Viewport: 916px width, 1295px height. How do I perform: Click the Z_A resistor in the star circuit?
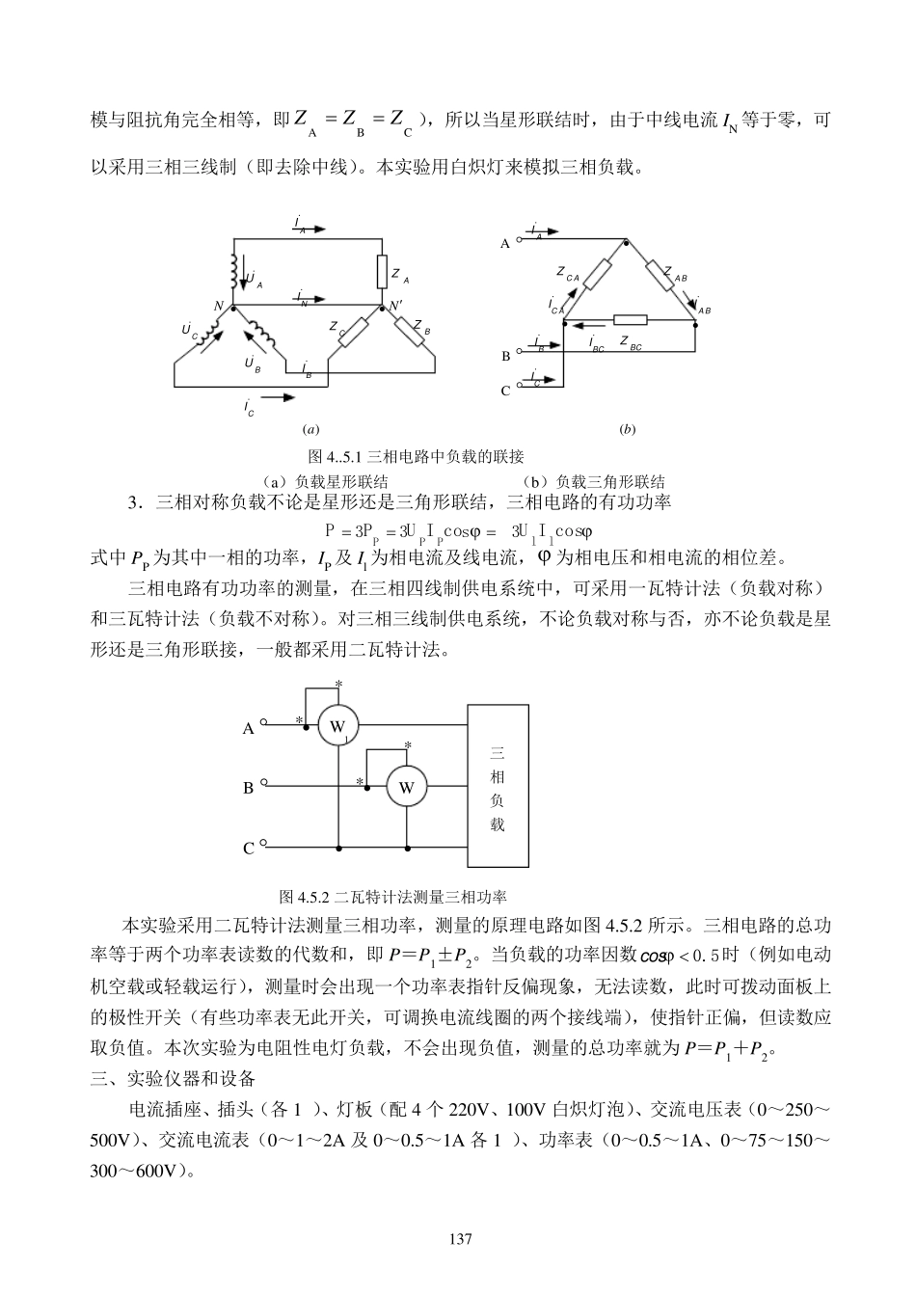pos(383,273)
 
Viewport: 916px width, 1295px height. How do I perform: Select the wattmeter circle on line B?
pos(406,787)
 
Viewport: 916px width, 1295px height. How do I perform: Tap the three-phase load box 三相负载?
pos(498,786)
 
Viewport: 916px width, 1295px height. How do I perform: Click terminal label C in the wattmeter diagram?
pos(248,849)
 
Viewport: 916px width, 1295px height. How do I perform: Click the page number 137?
pos(458,1238)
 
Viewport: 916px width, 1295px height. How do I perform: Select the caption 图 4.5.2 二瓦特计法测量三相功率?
pos(392,896)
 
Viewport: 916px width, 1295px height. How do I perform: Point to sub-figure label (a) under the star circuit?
pos(310,429)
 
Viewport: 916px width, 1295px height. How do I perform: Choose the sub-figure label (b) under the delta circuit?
pos(628,429)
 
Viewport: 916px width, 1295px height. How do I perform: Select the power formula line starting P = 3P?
pos(459,530)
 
